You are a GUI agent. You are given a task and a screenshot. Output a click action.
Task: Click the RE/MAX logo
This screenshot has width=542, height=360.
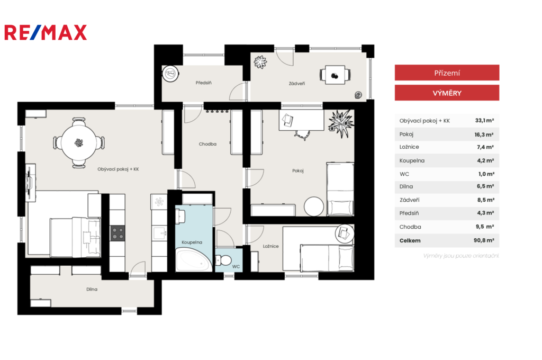pos(46,32)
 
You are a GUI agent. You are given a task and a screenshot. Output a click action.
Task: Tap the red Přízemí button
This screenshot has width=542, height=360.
pos(447,73)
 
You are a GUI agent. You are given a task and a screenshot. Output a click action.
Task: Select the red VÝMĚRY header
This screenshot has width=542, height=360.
pos(447,93)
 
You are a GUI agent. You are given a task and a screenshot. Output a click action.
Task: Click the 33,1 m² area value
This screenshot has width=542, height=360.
pos(484,120)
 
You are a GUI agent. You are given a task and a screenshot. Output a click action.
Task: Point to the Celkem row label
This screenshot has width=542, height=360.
pos(410,240)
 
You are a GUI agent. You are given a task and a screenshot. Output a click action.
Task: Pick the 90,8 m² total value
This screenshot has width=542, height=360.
pos(484,240)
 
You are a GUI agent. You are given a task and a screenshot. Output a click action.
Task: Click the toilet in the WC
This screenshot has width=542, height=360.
pos(223,260)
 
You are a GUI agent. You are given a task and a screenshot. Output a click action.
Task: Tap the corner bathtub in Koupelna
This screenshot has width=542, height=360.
pos(194,260)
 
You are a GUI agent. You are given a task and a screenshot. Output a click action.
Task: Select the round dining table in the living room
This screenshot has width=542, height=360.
pos(79,142)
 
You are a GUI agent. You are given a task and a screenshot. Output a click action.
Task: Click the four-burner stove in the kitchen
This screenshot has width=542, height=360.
pos(118,233)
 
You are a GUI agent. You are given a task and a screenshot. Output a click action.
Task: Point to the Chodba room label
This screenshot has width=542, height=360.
pos(207,144)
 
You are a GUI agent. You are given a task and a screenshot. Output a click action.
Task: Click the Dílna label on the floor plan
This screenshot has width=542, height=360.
pos(92,289)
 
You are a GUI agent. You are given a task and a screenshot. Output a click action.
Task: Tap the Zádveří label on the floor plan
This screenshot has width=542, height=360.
pos(297,83)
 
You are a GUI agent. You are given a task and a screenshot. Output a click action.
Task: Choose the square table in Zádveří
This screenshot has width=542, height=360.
pos(335,75)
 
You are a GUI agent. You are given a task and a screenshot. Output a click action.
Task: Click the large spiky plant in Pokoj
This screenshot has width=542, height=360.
pos(341,123)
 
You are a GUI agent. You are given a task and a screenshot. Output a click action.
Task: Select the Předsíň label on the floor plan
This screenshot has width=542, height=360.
pos(204,83)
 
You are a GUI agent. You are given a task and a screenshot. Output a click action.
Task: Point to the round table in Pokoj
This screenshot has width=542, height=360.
pos(314,206)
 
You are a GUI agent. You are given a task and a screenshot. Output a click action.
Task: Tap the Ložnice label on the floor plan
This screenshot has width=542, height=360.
pos(270,246)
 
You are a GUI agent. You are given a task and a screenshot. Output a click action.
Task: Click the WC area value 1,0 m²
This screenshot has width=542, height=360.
pos(486,174)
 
